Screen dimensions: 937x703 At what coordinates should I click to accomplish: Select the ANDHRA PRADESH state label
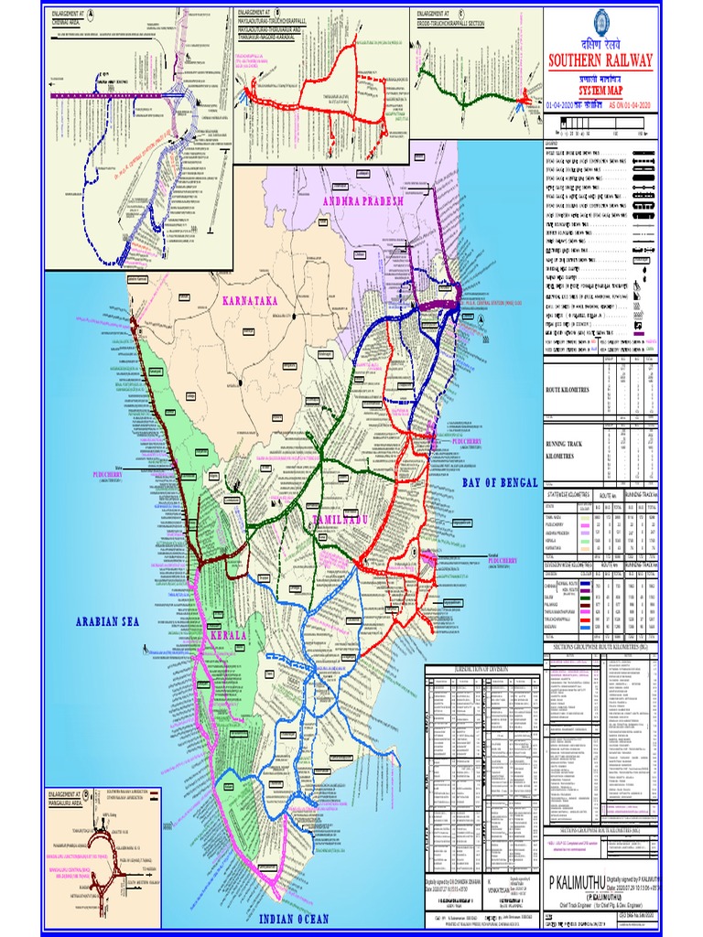[x=360, y=201]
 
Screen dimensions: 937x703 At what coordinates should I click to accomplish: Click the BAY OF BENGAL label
[x=500, y=482]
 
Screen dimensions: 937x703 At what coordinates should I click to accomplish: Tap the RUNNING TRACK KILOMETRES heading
[x=573, y=447]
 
